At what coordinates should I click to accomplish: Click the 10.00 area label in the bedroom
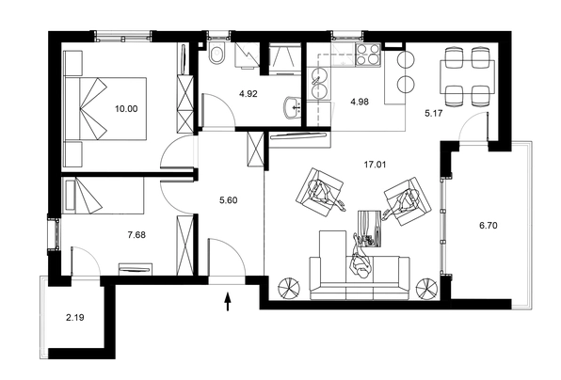(126, 109)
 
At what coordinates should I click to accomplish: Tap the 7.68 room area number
(136, 235)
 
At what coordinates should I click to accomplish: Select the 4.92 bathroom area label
(248, 94)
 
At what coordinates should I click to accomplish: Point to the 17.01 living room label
(375, 165)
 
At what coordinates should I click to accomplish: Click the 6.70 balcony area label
(488, 226)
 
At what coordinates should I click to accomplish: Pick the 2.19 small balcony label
(75, 317)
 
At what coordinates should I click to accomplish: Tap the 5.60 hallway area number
(229, 200)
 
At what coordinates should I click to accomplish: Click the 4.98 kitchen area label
(360, 102)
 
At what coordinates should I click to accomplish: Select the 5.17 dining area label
(434, 113)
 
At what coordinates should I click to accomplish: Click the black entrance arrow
(228, 302)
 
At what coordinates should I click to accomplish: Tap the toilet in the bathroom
(216, 54)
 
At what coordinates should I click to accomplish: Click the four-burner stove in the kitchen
(368, 55)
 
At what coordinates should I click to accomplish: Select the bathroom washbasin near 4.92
(293, 106)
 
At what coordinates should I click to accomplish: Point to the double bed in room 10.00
(105, 108)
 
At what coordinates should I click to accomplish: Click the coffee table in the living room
(370, 228)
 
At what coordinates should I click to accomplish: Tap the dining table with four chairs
(467, 76)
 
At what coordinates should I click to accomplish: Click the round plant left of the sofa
(288, 288)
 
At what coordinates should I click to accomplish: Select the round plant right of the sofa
(427, 288)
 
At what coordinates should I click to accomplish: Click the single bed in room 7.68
(103, 196)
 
